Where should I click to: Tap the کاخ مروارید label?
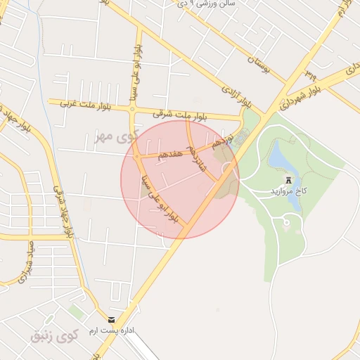[x=287, y=191]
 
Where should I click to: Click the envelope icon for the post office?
[x=111, y=319]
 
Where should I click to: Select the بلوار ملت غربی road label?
[x=75, y=104]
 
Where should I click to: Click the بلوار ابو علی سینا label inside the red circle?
[x=161, y=198]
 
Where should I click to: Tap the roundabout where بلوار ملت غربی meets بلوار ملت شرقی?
[x=131, y=108]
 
